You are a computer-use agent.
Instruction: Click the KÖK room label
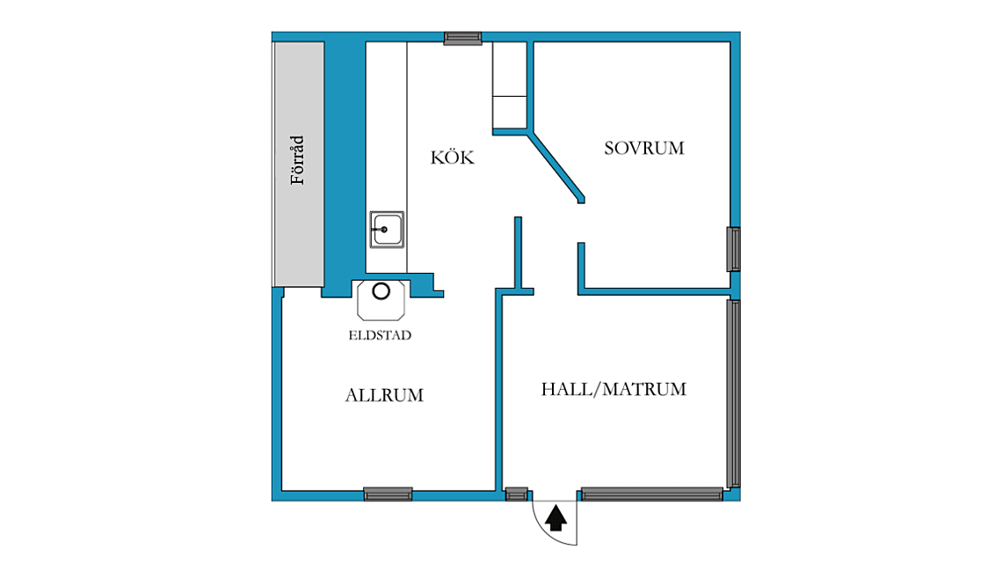[453, 157]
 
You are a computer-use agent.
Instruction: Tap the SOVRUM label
[644, 149]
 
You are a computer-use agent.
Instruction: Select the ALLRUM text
[384, 395]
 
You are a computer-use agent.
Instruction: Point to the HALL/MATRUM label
[614, 389]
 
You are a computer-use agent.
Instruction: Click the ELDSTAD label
[380, 335]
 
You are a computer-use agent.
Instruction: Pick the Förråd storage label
[297, 160]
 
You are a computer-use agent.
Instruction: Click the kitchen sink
[387, 230]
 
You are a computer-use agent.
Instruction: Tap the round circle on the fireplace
[381, 291]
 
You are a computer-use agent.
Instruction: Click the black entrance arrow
[555, 518]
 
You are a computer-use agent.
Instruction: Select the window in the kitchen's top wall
[462, 39]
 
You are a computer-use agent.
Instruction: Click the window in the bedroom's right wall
[734, 249]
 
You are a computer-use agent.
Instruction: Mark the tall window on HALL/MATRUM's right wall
[734, 394]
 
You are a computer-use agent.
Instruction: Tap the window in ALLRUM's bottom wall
[388, 494]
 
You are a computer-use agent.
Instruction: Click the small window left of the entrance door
[516, 494]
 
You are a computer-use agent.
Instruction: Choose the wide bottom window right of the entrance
[652, 494]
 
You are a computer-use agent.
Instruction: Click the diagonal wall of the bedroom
[556, 165]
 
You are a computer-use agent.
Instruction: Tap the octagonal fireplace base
[381, 300]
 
